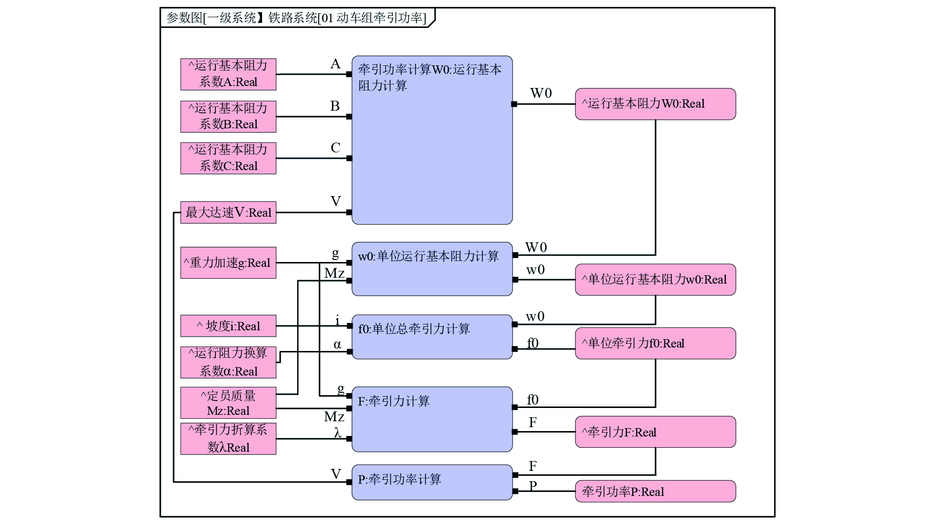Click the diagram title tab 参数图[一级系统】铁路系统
click(297, 18)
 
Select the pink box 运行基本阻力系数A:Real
click(228, 74)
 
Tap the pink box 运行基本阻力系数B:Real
click(228, 116)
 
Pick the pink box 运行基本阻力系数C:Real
click(228, 158)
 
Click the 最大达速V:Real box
click(228, 212)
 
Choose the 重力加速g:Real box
click(228, 263)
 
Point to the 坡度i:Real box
click(228, 326)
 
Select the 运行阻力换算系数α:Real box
click(228, 362)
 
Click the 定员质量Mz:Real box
click(228, 403)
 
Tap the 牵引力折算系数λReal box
click(228, 438)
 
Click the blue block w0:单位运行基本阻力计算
click(432, 269)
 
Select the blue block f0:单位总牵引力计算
click(432, 337)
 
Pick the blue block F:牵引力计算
click(432, 419)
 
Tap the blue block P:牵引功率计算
click(432, 482)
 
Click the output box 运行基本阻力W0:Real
click(655, 104)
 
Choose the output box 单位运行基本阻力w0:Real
click(655, 280)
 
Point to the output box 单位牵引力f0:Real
click(655, 344)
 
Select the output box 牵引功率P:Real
click(655, 492)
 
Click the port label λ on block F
click(337, 433)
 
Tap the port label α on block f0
click(337, 345)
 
